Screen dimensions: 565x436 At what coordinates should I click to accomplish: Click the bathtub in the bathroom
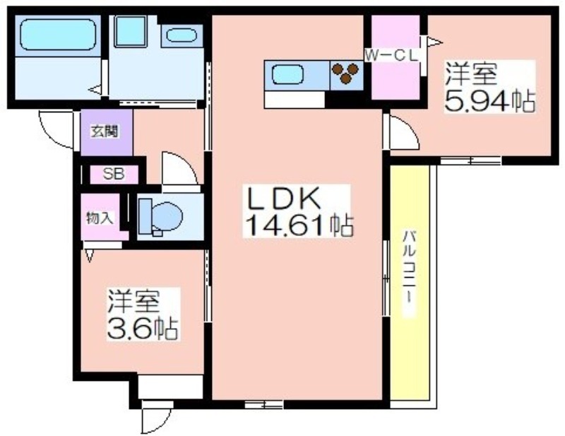coord(58,35)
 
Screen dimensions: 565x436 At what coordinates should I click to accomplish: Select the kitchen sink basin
coord(287,75)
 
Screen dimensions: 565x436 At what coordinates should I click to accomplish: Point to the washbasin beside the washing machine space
coord(182,36)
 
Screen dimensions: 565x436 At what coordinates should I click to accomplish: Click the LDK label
coord(283,199)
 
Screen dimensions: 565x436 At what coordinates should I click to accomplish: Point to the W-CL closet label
coord(391,55)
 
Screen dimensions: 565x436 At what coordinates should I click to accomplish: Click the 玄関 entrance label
coord(105,131)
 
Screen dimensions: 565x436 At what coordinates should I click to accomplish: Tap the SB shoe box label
coord(114,174)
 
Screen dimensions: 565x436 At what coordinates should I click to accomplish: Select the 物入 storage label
coord(100,218)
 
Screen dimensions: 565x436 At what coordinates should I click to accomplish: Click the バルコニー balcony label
coord(409,272)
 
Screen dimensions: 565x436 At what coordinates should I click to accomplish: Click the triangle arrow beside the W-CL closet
coord(434,42)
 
